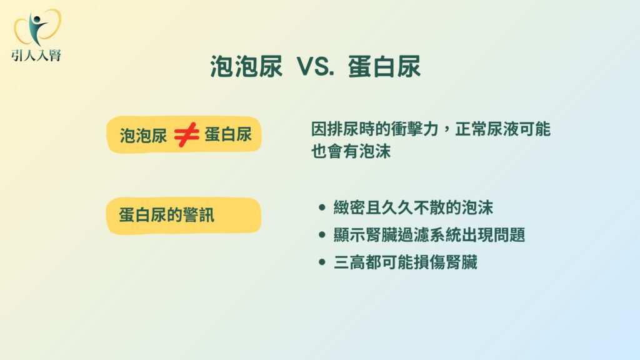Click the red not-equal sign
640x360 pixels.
[186, 134]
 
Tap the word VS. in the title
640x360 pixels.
[316, 66]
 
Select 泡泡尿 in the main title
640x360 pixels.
[246, 66]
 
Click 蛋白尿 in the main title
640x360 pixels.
[384, 66]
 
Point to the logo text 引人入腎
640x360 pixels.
[36, 55]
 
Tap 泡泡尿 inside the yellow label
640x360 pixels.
[143, 135]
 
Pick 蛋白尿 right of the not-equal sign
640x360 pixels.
[227, 134]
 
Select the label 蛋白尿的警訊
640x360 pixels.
[166, 215]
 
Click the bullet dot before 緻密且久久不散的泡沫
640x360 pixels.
[322, 207]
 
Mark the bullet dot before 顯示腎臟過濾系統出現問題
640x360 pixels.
[322, 235]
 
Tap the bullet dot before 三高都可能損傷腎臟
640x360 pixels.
[322, 262]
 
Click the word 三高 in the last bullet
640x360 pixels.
[349, 262]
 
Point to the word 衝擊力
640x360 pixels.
[415, 129]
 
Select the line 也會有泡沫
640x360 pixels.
[351, 151]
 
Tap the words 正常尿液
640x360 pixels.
[486, 129]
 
